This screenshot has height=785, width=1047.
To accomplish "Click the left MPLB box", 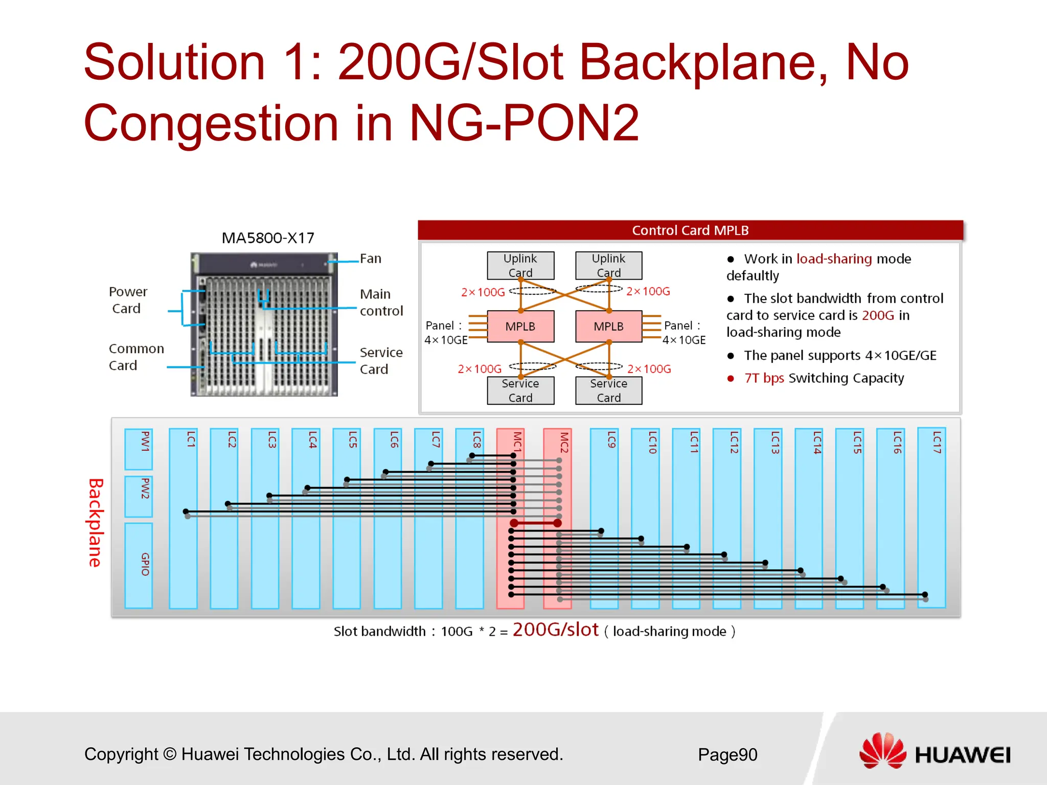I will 520,326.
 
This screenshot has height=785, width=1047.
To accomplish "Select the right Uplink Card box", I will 608,265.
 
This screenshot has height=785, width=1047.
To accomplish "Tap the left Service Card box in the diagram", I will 520,390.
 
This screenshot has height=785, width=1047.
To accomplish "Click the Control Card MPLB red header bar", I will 690,230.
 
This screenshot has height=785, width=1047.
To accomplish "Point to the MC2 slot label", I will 563,443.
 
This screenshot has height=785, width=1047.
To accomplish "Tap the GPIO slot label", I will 145,564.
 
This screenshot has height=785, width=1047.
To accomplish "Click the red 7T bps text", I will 764,378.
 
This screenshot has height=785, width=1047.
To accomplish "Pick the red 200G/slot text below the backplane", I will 555,630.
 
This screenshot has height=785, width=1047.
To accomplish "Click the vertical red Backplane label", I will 96,522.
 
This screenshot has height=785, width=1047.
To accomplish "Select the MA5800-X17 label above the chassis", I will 268,238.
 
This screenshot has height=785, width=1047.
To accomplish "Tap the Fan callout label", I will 371,259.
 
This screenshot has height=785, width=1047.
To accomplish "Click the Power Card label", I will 127,300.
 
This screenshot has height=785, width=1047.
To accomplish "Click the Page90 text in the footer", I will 727,754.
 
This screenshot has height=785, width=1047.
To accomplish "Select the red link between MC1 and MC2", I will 535,523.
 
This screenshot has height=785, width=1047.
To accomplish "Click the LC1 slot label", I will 191,440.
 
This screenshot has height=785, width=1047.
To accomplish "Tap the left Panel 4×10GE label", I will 445,333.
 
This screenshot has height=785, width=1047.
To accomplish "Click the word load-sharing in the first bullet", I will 834,259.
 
